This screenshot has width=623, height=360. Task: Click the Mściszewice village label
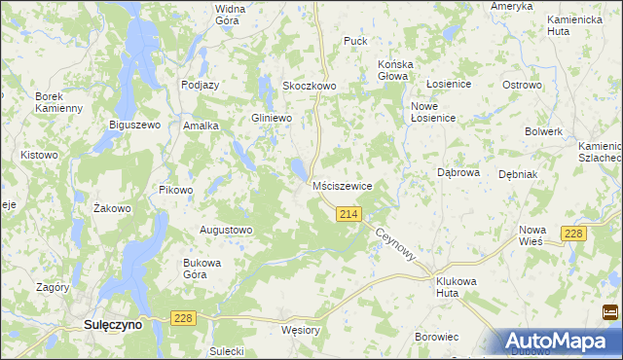pyautogui.click(x=342, y=185)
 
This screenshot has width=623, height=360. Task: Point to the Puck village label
pyautogui.click(x=355, y=41)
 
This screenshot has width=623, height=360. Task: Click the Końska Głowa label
pyautogui.click(x=396, y=71)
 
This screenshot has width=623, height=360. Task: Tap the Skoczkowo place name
pyautogui.click(x=309, y=86)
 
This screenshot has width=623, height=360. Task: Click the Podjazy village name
pyautogui.click(x=201, y=85)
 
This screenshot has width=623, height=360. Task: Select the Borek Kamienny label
pyautogui.click(x=58, y=102)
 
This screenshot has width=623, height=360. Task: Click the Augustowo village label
pyautogui.click(x=226, y=231)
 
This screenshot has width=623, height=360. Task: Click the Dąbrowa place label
pyautogui.click(x=458, y=172)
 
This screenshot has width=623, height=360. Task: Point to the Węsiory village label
pyautogui.click(x=300, y=330)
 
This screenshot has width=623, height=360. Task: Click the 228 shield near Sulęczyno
pyautogui.click(x=183, y=318)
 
